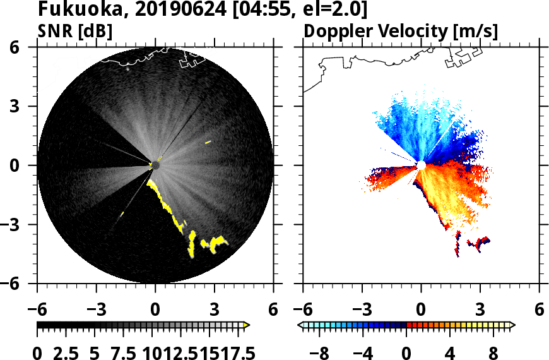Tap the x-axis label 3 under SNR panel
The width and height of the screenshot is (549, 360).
point(214,310)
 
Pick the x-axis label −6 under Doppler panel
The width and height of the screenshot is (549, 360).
point(303,310)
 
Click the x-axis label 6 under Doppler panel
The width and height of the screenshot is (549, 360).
point(539,310)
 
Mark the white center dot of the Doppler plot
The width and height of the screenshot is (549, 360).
point(420,165)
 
